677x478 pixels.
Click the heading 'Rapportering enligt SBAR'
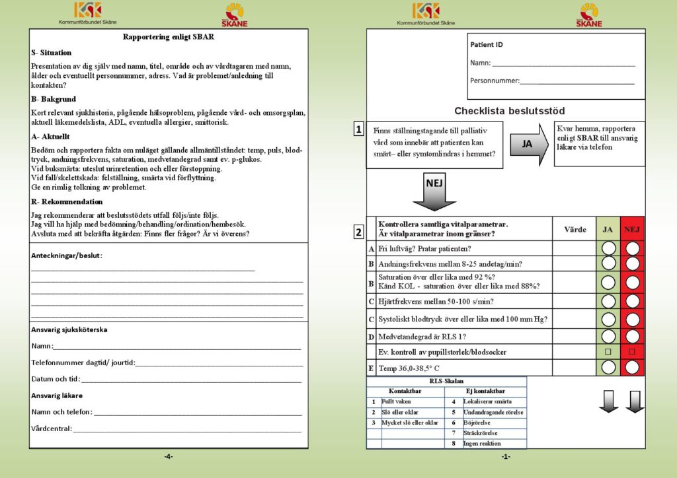[169, 37]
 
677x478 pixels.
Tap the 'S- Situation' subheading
[51, 52]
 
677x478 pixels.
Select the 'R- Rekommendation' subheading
[67, 201]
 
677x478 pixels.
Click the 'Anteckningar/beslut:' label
[67, 256]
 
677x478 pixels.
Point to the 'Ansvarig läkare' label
[57, 395]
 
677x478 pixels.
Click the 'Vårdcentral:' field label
[52, 428]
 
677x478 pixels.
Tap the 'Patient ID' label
[487, 45]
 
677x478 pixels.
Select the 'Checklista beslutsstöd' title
[509, 111]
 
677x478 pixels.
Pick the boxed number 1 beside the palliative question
[358, 130]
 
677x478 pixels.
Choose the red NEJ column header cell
[633, 229]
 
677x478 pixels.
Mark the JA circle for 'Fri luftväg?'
[608, 248]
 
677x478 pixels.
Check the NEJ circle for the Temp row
[633, 367]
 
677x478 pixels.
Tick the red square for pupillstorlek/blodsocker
[633, 351]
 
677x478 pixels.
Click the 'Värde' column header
[575, 229]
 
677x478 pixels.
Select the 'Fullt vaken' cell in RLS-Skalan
[396, 401]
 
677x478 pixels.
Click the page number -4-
[168, 457]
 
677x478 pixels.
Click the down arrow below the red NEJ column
[635, 401]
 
